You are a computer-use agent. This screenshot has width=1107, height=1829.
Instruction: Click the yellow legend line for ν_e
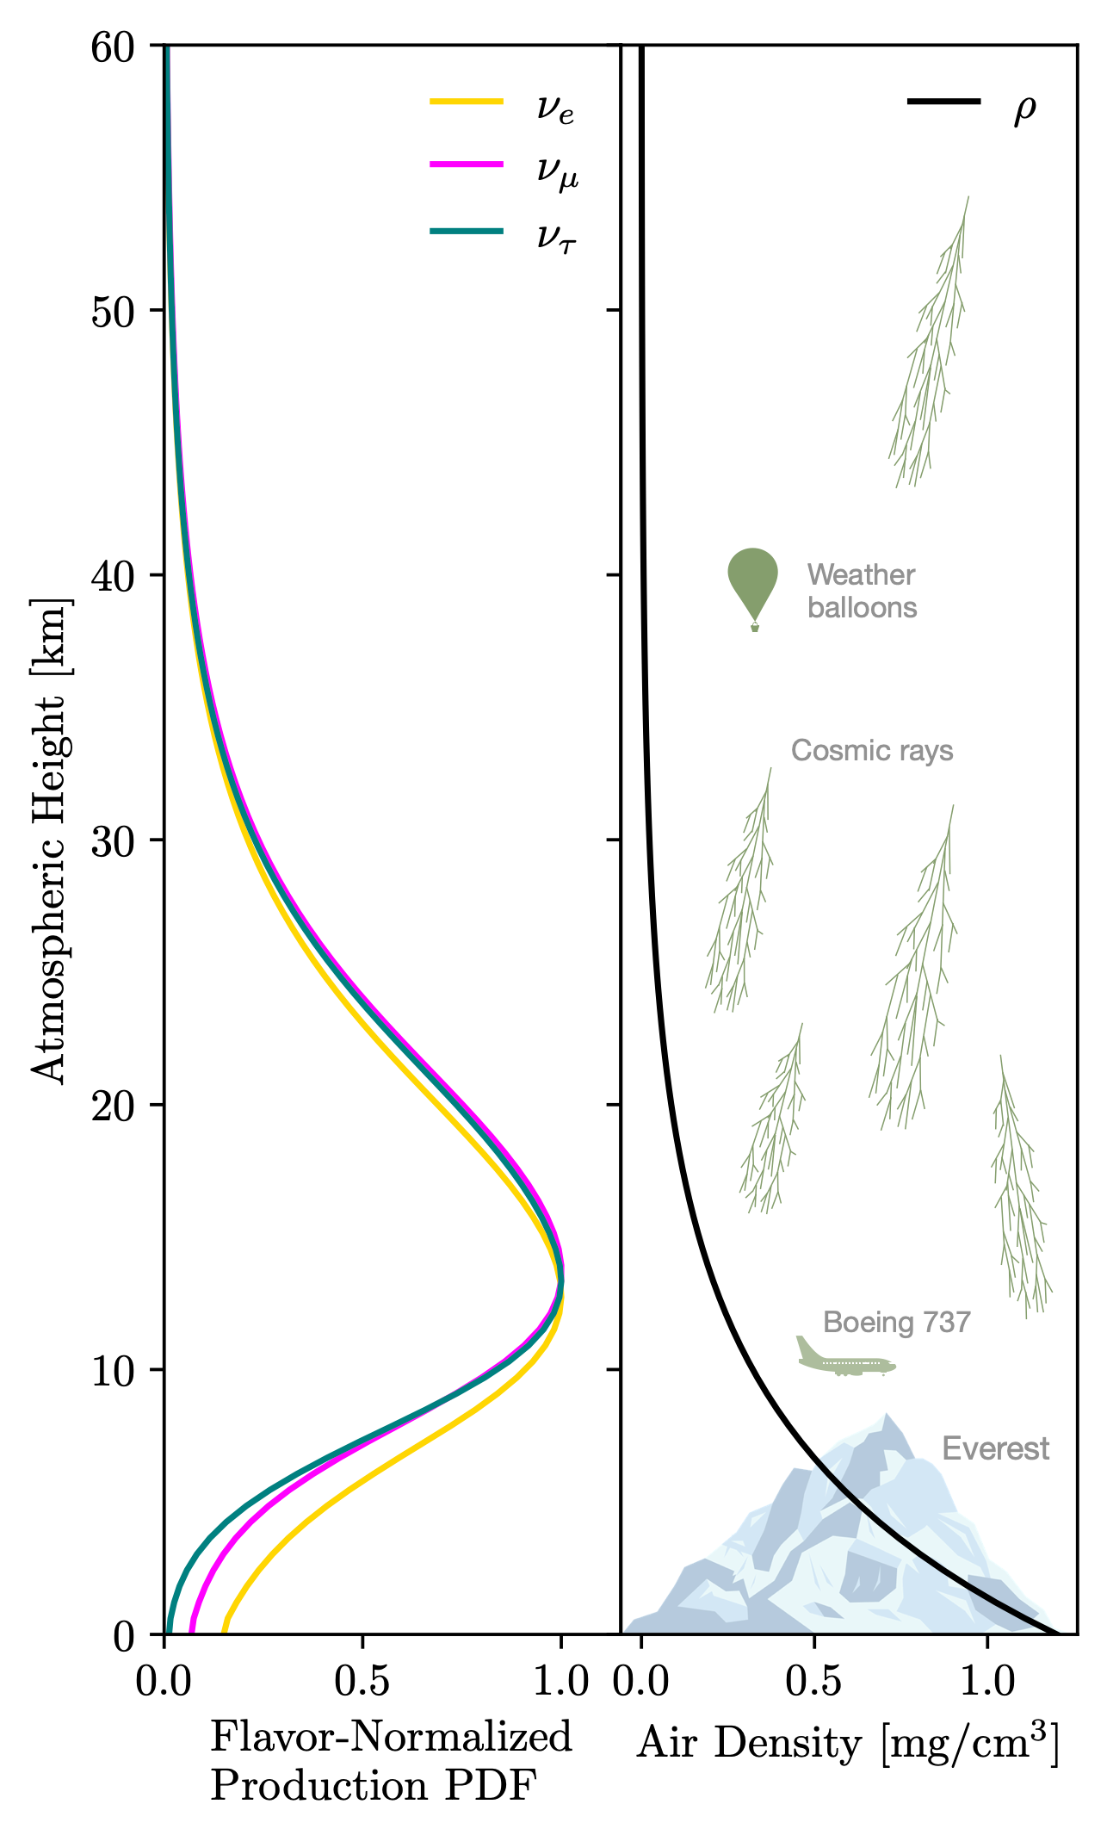click(466, 102)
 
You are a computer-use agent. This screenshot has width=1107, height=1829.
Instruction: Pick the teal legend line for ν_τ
click(466, 231)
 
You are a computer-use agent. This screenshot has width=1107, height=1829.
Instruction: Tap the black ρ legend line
click(943, 102)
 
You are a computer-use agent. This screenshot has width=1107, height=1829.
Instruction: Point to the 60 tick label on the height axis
click(114, 46)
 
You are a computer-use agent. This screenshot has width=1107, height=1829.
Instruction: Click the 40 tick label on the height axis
click(114, 575)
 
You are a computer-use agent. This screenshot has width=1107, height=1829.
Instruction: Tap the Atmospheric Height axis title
click(48, 842)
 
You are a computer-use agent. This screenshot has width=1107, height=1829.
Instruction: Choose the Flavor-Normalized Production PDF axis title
click(391, 1762)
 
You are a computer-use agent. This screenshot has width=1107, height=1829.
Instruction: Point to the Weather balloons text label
click(862, 591)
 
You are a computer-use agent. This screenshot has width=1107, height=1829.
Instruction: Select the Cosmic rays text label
click(872, 751)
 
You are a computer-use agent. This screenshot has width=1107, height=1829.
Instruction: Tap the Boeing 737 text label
click(896, 1322)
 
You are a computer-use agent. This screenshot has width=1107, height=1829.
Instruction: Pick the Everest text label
click(995, 1448)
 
